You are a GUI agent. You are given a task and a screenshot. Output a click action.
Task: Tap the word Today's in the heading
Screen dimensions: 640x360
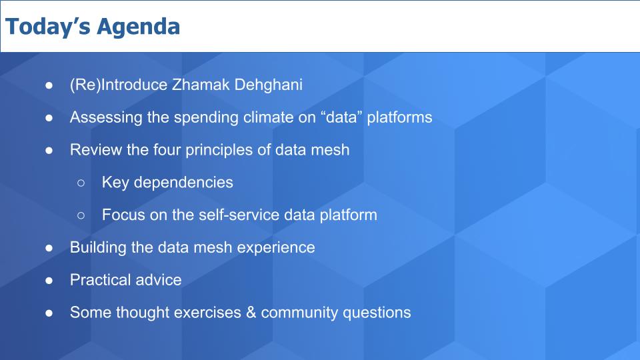[48, 26]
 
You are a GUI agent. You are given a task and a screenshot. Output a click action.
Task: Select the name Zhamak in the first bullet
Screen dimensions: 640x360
[201, 85]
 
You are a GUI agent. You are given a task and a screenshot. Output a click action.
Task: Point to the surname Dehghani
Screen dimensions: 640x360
[269, 85]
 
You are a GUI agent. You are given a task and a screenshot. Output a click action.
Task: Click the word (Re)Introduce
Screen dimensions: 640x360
[119, 85]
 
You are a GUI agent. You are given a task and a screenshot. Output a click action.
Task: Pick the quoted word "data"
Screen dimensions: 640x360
[341, 117]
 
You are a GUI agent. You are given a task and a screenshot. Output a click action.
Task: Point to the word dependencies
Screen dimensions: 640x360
[183, 183]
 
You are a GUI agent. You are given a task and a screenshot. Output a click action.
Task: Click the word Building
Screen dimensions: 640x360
[98, 248]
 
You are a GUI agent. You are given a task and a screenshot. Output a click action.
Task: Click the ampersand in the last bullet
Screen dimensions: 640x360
[251, 313]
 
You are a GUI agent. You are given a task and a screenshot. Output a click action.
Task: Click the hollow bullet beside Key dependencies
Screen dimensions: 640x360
[81, 183]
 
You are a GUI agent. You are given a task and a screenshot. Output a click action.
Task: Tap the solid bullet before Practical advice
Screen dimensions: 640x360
[49, 281]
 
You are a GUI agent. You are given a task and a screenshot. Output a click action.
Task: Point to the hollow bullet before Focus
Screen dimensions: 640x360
[81, 215]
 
